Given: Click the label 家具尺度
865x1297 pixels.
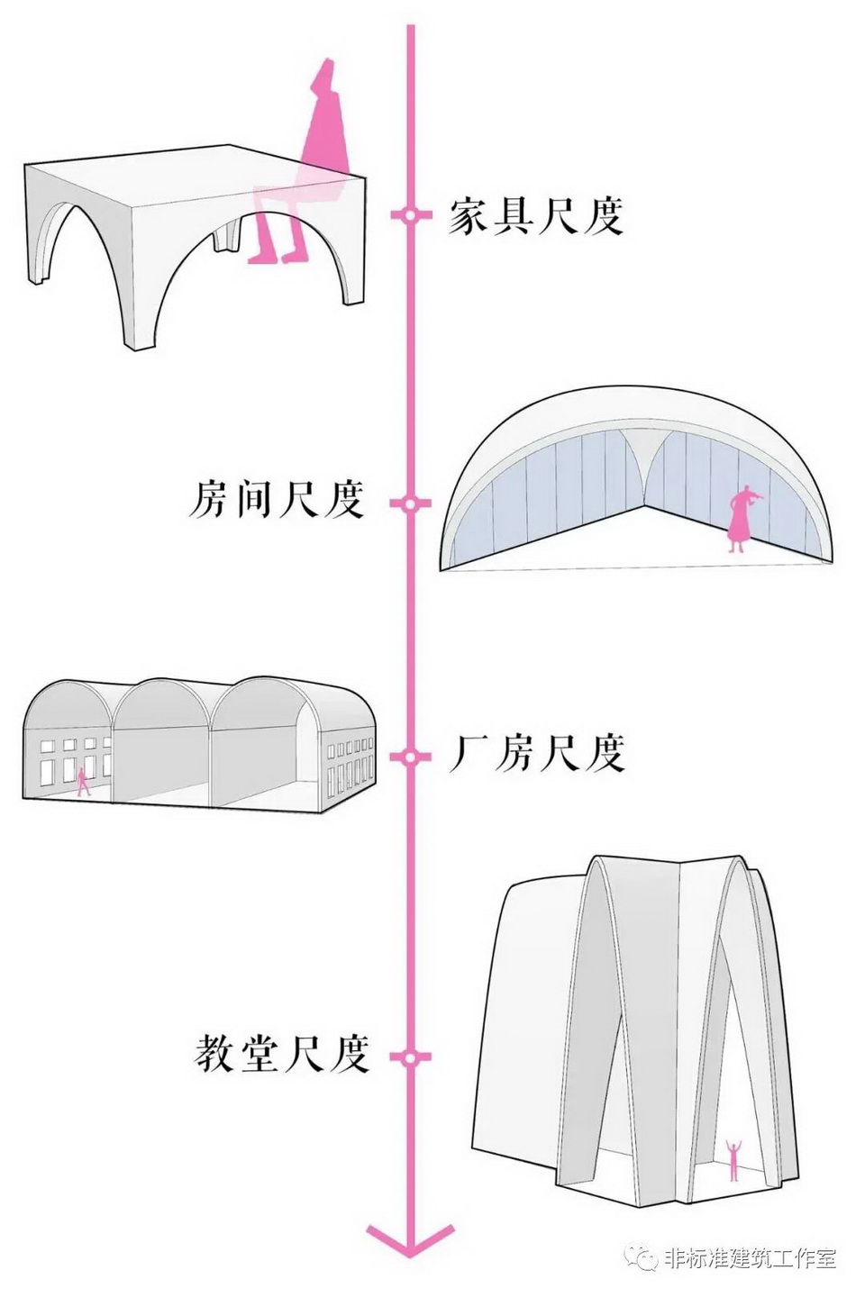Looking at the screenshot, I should [536, 217].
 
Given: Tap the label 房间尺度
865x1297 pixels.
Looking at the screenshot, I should [277, 499].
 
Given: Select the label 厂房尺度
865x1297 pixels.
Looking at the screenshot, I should [537, 753].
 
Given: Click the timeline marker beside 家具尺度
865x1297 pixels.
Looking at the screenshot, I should [410, 216].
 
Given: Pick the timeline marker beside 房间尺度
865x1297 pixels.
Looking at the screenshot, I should [410, 503].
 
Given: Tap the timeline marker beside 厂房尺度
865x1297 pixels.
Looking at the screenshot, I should [410, 757].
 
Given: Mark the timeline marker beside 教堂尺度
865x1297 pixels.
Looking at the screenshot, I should [410, 1057].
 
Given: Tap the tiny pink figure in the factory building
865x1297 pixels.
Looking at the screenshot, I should [84, 781].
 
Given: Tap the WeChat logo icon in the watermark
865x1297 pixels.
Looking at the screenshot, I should [643, 1257].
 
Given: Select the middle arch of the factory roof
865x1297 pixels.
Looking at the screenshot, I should [162, 703].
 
